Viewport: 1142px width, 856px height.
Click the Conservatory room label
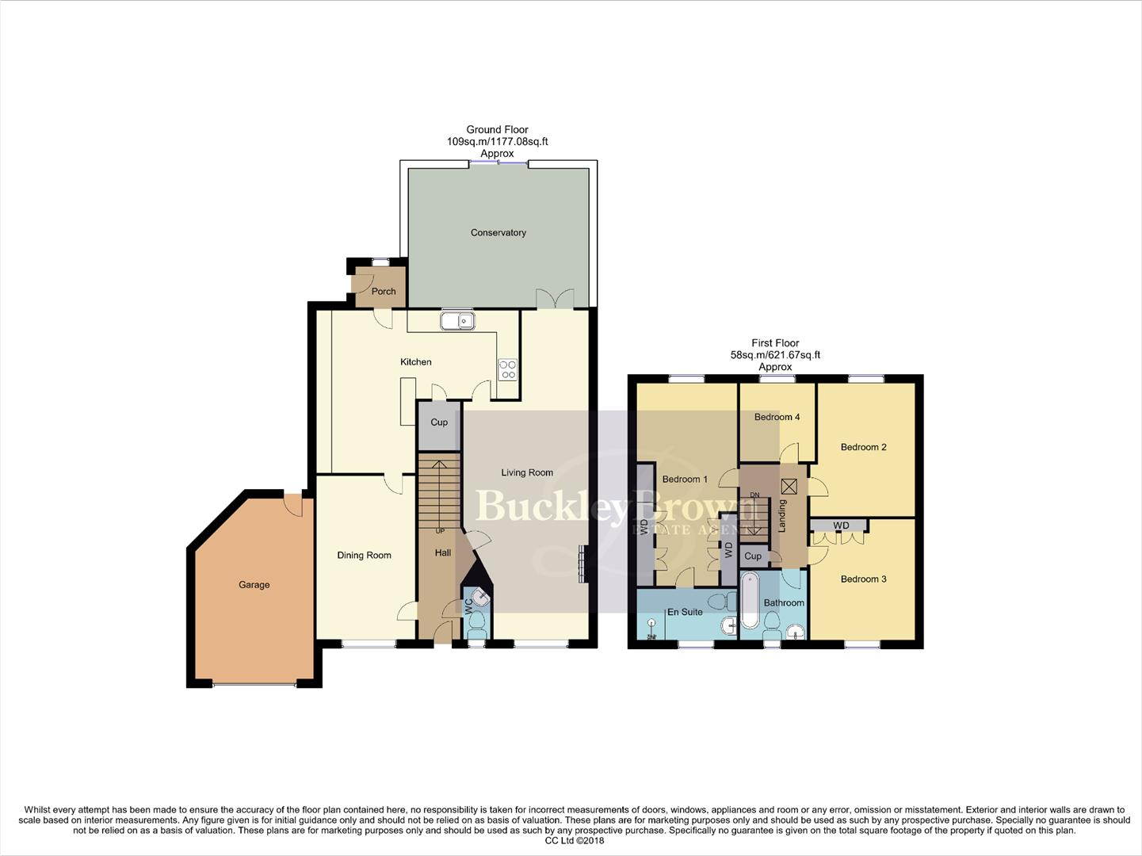(x=498, y=232)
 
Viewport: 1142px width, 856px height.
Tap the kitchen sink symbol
(x=458, y=321)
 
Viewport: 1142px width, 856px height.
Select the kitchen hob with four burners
(x=506, y=369)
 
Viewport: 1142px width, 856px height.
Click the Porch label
(x=384, y=291)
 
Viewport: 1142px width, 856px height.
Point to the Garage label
(x=254, y=585)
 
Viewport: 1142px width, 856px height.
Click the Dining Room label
(x=364, y=555)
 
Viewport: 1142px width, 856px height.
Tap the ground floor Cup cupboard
(x=439, y=422)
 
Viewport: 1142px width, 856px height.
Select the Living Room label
(x=527, y=472)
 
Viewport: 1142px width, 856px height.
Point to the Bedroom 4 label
(x=777, y=417)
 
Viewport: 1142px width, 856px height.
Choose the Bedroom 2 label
(x=863, y=447)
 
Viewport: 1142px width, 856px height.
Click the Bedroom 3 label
(x=863, y=579)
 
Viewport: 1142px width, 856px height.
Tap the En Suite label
(x=685, y=612)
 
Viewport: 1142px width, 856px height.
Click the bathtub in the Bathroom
(x=749, y=603)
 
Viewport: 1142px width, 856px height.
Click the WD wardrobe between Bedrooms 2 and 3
(x=840, y=525)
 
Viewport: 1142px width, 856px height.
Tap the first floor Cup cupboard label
(x=753, y=556)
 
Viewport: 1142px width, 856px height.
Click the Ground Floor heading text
(x=497, y=129)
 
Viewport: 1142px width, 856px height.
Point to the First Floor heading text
(x=775, y=343)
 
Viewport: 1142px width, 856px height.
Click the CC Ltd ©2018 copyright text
(x=570, y=841)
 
